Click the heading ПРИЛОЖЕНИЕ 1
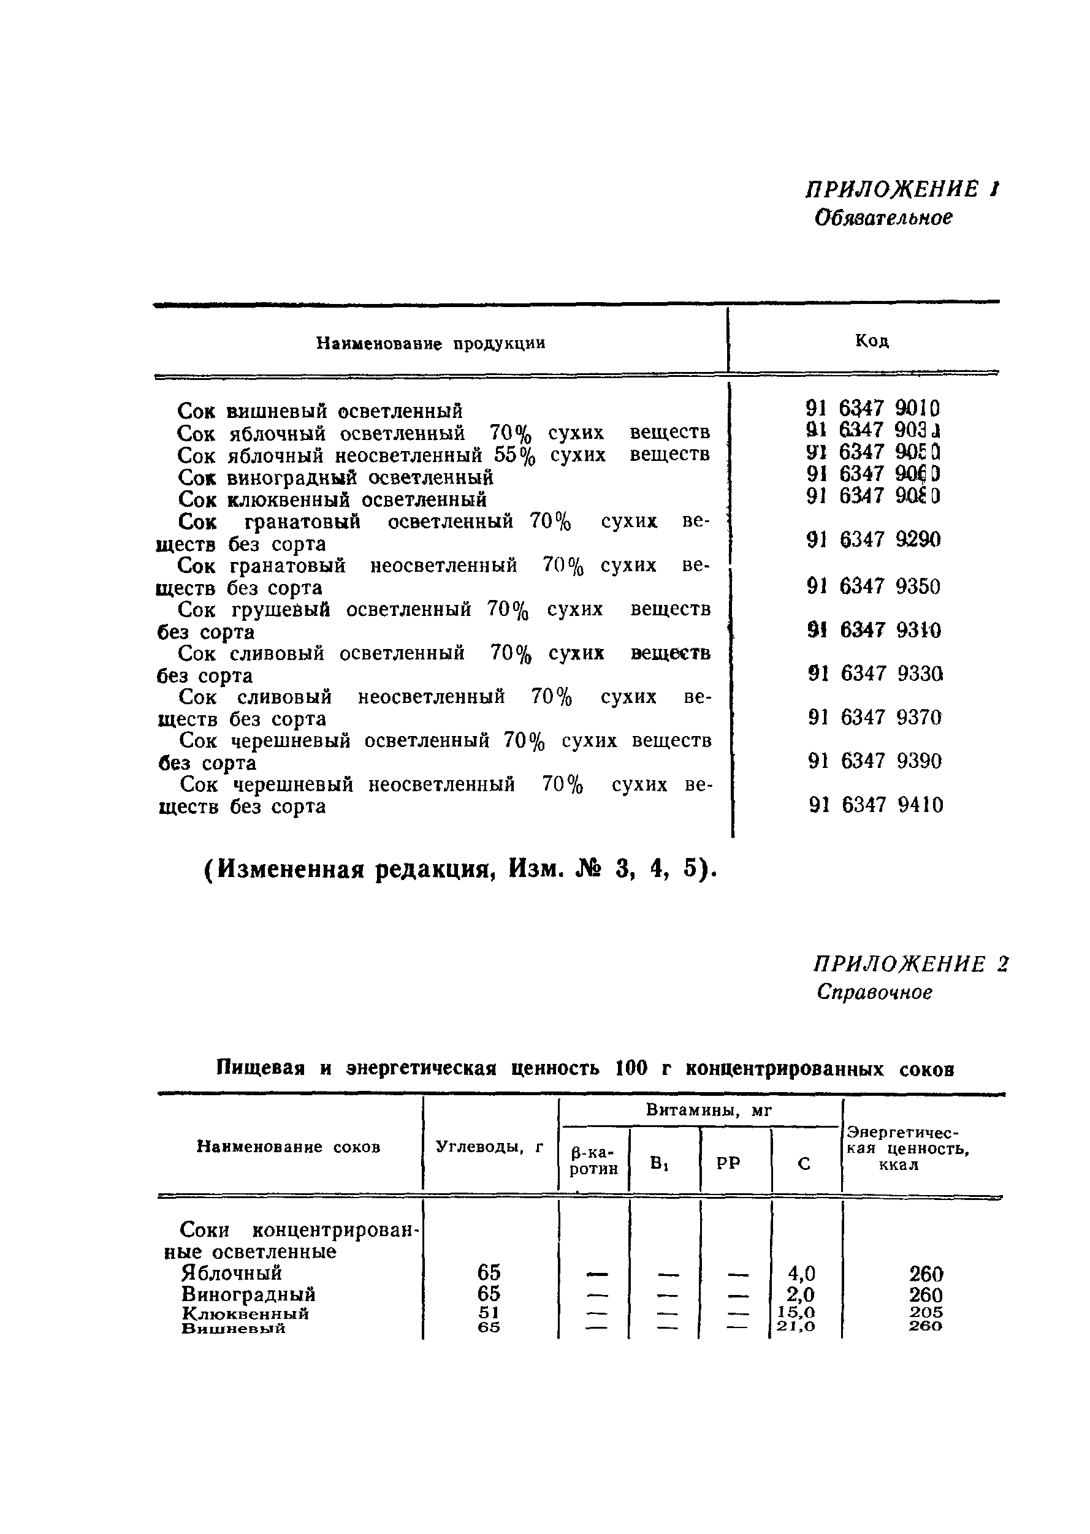tap(902, 189)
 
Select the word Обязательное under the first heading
tap(883, 218)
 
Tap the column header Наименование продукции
tap(430, 344)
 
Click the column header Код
tap(871, 341)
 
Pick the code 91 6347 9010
tap(872, 408)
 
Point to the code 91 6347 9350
tap(873, 587)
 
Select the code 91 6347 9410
tap(875, 805)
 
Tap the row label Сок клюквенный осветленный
tap(332, 500)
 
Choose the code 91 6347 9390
tap(875, 761)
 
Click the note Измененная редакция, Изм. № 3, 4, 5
tap(460, 870)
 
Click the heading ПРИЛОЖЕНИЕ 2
tap(910, 964)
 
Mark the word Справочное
tap(874, 992)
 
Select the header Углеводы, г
tap(489, 1147)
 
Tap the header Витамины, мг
tap(709, 1111)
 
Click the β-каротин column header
tap(593, 1160)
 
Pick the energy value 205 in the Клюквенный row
tap(926, 1312)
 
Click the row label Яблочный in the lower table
tap(232, 1273)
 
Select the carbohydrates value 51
tap(489, 1312)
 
